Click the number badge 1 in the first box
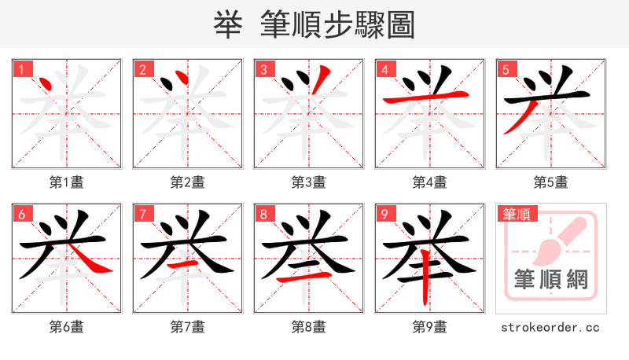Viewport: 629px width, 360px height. (x=22, y=69)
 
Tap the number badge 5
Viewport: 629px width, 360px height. (x=506, y=69)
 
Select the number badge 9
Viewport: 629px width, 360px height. (x=385, y=214)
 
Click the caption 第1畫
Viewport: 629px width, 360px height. (x=67, y=182)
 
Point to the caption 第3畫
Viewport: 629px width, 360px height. (x=309, y=182)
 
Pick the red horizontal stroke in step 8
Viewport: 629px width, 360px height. (x=308, y=280)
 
